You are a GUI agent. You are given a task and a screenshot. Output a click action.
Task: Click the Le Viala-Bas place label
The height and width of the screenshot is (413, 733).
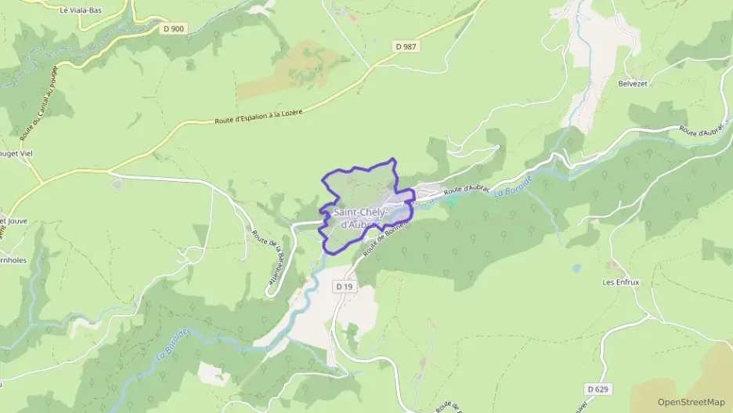coord(81,10)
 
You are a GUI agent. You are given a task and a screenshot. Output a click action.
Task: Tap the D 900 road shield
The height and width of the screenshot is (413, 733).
coord(175,29)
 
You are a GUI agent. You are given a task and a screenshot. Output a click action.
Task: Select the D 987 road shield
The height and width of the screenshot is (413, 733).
coord(406,47)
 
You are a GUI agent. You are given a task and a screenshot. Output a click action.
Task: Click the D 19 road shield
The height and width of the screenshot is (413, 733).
coord(345,287)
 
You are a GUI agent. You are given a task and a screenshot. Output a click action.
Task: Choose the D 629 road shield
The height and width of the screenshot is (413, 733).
coord(598,389)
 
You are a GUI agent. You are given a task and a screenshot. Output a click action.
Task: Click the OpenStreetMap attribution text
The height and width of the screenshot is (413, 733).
coord(691,402)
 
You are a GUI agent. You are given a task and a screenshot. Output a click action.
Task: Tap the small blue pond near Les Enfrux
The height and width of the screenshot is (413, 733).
coord(576,268)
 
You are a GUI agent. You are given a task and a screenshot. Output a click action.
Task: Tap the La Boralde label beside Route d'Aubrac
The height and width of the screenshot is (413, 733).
coord(513,184)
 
